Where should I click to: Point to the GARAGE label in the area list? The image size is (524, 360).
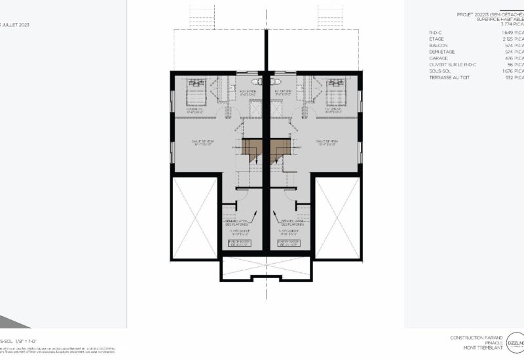point(438,57)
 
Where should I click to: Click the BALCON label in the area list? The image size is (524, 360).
point(438,45)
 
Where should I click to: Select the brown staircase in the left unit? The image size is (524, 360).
point(252,151)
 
